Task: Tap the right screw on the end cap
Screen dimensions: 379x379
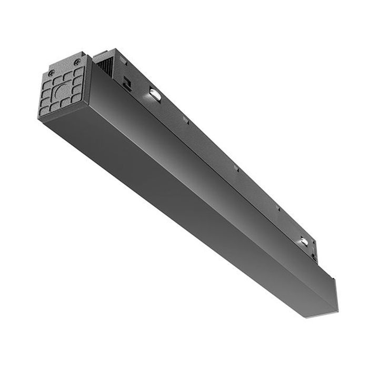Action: coord(77,62)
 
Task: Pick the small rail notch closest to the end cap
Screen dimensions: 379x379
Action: coord(186,120)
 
